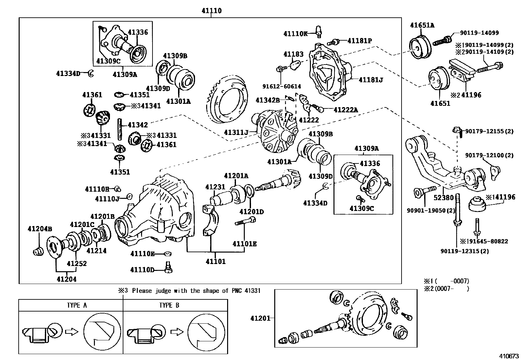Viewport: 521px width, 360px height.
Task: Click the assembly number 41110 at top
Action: [211, 11]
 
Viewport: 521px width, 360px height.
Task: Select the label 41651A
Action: [422, 25]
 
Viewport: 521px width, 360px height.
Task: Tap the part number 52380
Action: [444, 198]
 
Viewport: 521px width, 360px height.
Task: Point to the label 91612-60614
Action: [281, 86]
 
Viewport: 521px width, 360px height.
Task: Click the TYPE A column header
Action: [77, 305]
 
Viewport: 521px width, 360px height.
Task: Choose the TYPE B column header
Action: [169, 305]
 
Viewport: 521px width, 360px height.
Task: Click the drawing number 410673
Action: [509, 355]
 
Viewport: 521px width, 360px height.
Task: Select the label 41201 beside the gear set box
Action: [260, 318]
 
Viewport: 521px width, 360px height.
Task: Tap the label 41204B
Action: [40, 228]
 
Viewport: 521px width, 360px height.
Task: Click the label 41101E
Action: [244, 243]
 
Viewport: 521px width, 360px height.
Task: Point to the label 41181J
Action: [371, 80]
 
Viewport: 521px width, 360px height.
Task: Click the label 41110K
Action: [296, 33]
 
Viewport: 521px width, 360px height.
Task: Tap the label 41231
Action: [215, 187]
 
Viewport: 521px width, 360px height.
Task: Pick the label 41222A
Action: [346, 110]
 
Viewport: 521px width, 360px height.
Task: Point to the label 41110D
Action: [142, 270]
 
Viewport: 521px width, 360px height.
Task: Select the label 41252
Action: [77, 263]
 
